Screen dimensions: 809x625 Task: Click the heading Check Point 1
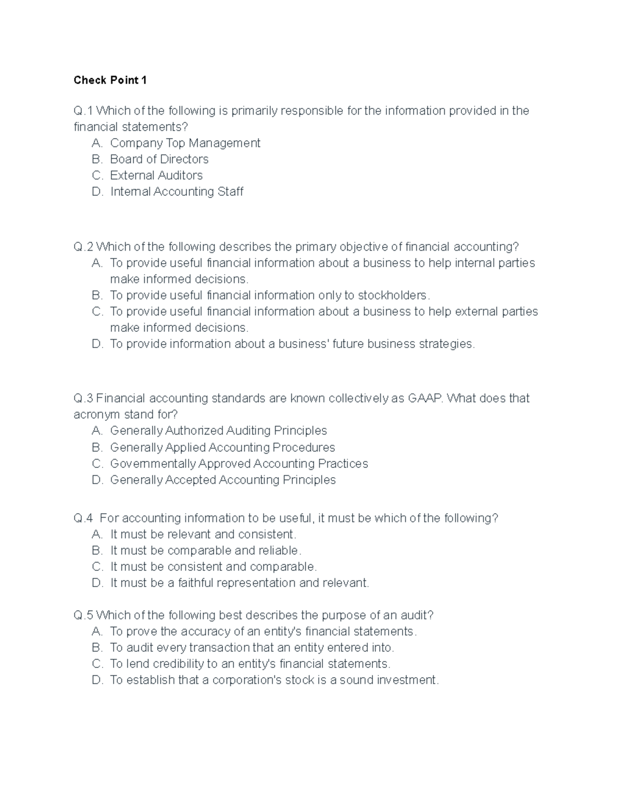click(x=110, y=80)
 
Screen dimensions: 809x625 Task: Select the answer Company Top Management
click(x=185, y=143)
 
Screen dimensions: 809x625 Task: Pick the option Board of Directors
click(x=159, y=159)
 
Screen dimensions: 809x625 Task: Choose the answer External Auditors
click(x=156, y=175)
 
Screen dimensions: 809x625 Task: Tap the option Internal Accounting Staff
click(x=177, y=192)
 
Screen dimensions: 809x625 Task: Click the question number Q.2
click(x=83, y=246)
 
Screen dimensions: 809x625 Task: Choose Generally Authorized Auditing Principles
click(x=218, y=431)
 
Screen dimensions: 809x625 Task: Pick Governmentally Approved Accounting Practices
click(x=239, y=464)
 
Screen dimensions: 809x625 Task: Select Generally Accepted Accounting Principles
click(x=222, y=480)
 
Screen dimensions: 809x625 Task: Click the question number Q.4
click(x=83, y=518)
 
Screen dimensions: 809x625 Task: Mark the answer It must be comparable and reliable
click(x=206, y=551)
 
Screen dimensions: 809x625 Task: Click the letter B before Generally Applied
click(x=96, y=447)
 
